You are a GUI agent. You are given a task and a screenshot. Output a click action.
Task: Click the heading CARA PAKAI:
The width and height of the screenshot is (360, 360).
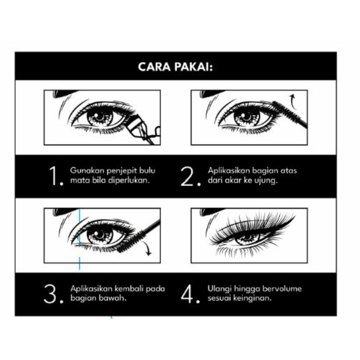175,67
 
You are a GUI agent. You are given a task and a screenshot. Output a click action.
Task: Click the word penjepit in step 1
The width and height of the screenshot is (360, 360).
122,171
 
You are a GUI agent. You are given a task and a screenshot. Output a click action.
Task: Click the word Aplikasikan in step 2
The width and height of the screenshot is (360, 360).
228,170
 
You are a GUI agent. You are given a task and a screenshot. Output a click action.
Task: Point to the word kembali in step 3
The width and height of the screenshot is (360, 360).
129,288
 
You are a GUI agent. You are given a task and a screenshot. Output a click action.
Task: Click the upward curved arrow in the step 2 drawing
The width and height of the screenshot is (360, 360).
292,101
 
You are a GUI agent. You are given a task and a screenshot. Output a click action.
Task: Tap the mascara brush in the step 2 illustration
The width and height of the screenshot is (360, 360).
290,113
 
